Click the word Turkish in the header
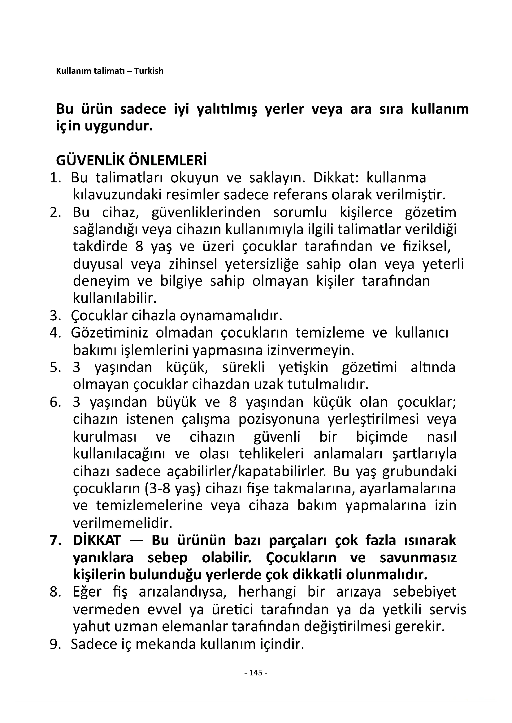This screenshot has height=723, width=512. (x=149, y=71)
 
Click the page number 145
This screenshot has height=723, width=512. (x=256, y=673)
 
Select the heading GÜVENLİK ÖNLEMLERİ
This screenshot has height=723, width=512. (x=132, y=161)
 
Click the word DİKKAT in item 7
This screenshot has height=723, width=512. (x=97, y=540)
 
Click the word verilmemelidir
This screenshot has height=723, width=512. (x=123, y=523)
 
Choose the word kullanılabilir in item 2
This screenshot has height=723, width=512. (x=115, y=298)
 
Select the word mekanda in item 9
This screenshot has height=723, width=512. (x=165, y=644)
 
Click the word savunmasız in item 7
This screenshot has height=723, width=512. (x=418, y=558)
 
